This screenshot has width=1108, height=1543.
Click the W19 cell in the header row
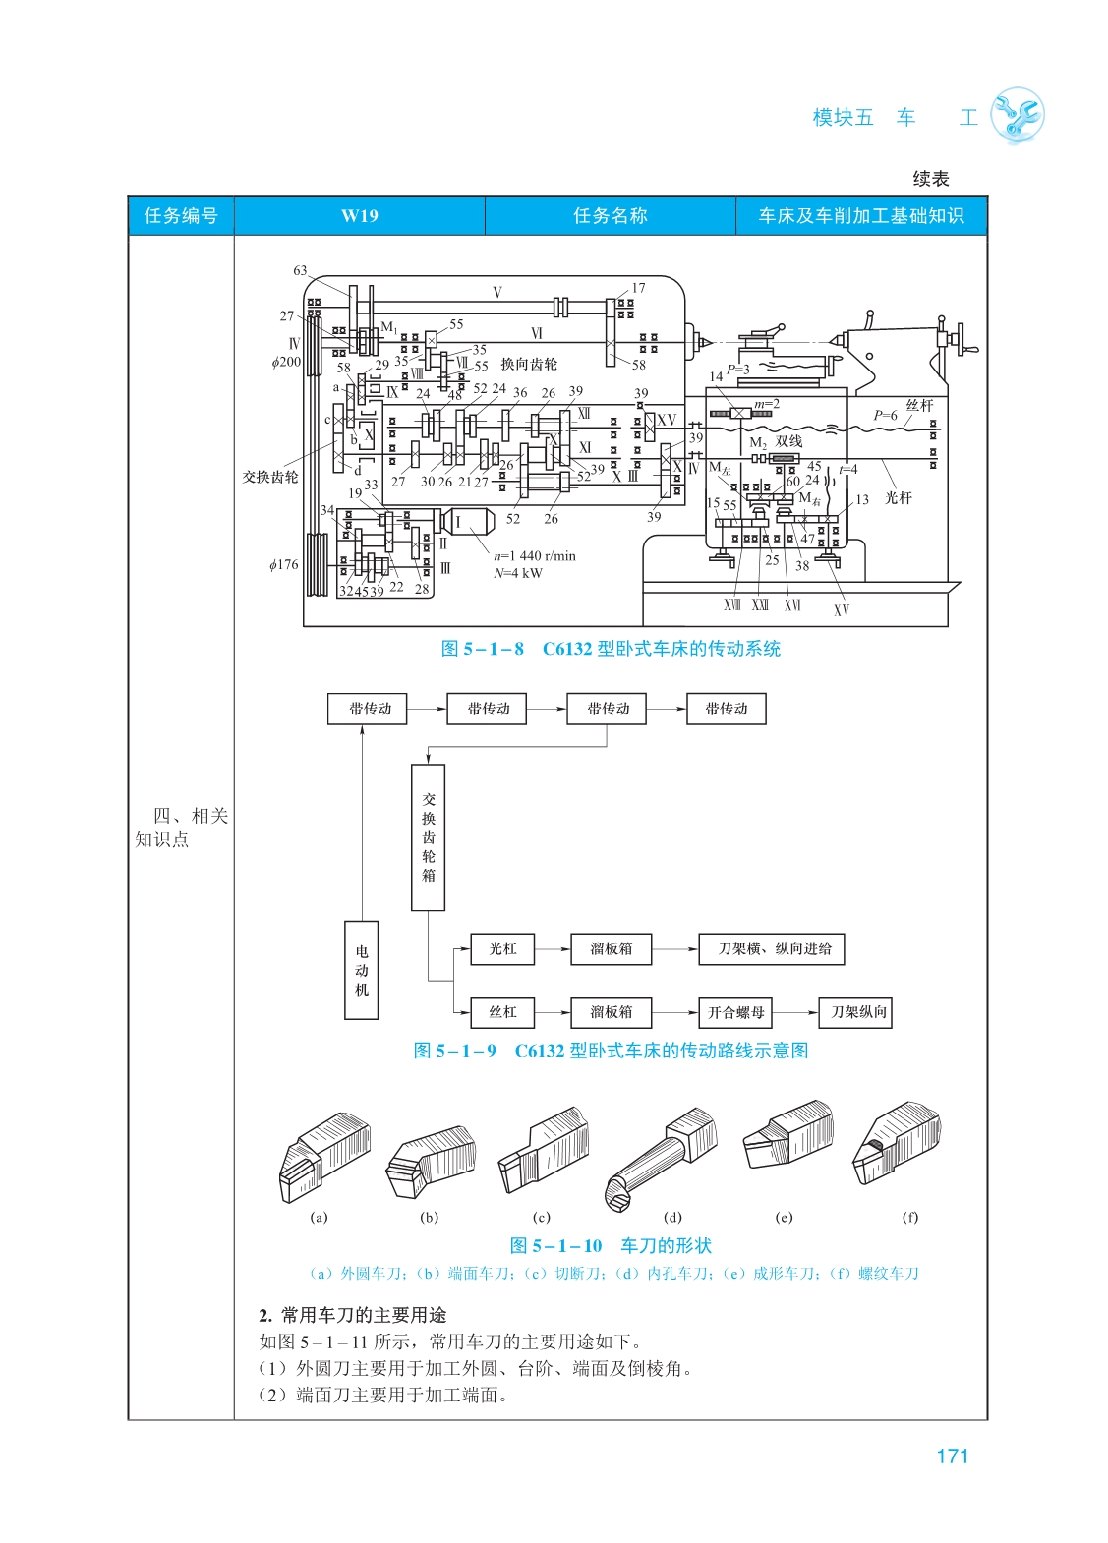(x=359, y=216)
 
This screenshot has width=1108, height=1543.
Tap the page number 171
(x=952, y=1456)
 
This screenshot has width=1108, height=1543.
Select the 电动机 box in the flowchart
(x=362, y=970)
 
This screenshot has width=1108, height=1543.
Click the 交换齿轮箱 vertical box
(x=428, y=837)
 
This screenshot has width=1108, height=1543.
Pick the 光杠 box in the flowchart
(x=502, y=948)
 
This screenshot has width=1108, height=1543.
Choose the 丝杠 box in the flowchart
(x=502, y=1012)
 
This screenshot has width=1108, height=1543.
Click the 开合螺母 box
(x=735, y=1012)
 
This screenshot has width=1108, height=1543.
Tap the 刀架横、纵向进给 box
(x=772, y=948)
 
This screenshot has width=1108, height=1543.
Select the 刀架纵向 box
(x=858, y=1012)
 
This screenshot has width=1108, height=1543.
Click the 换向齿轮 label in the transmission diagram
(x=529, y=364)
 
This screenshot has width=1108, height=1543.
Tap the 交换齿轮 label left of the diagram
(x=270, y=477)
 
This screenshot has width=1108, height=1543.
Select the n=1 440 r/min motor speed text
(x=535, y=555)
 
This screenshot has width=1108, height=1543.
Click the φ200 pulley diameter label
(x=286, y=362)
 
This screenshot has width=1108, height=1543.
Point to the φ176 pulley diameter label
(x=284, y=564)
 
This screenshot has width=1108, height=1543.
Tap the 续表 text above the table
(x=931, y=178)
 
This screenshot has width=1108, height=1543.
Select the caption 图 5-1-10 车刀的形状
(x=611, y=1246)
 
